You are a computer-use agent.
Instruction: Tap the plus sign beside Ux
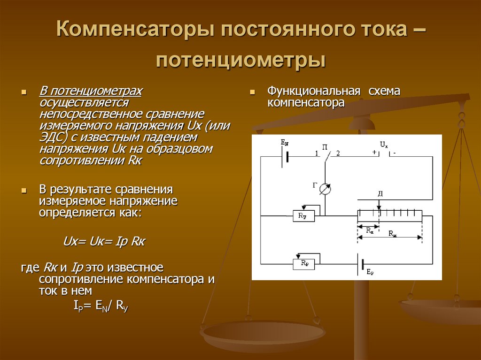(x=374, y=152)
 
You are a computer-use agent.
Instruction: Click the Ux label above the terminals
(x=384, y=145)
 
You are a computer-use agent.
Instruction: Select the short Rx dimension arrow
(x=369, y=227)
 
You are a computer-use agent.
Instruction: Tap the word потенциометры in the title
(x=240, y=60)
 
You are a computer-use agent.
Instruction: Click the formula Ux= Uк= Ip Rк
(x=104, y=242)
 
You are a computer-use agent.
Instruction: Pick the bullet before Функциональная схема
(x=252, y=92)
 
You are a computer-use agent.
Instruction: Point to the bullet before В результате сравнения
(x=25, y=191)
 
